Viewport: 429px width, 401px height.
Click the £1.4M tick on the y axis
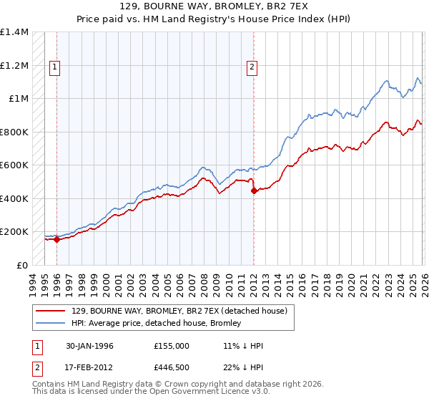pos(14,32)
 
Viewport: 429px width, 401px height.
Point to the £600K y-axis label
pos(14,165)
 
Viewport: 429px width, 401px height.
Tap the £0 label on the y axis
pos(21,266)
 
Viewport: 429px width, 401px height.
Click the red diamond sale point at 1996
pos(56,240)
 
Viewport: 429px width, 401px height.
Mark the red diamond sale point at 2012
pos(253,191)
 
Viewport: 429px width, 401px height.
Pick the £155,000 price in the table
pos(171,346)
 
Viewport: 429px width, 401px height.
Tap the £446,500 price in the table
pos(171,369)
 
